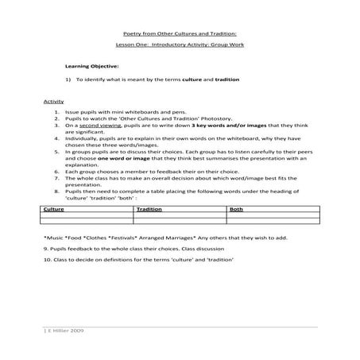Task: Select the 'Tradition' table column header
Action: pyautogui.click(x=149, y=209)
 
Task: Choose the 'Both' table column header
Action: pyautogui.click(x=236, y=209)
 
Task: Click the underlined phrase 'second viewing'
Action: pyautogui.click(x=97, y=126)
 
